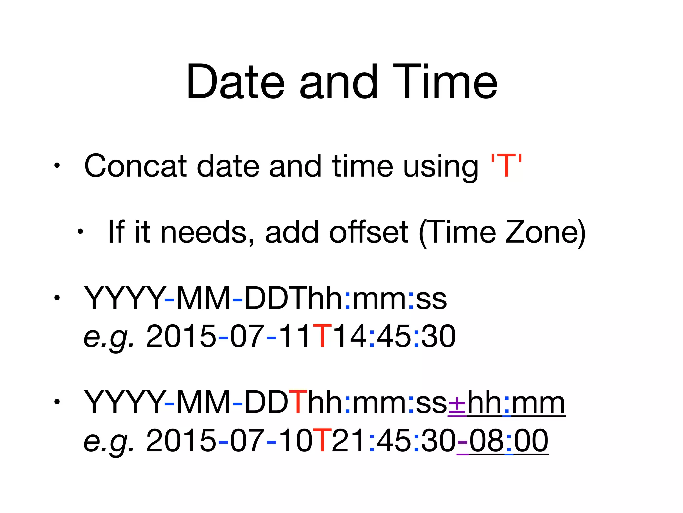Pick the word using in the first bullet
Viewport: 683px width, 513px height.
[440, 167]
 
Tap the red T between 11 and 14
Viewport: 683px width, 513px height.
[322, 336]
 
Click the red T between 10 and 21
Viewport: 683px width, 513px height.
[322, 441]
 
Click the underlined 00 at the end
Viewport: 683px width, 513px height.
[531, 441]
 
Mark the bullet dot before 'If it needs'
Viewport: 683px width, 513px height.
[80, 231]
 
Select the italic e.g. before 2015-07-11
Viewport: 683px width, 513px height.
[109, 337]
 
